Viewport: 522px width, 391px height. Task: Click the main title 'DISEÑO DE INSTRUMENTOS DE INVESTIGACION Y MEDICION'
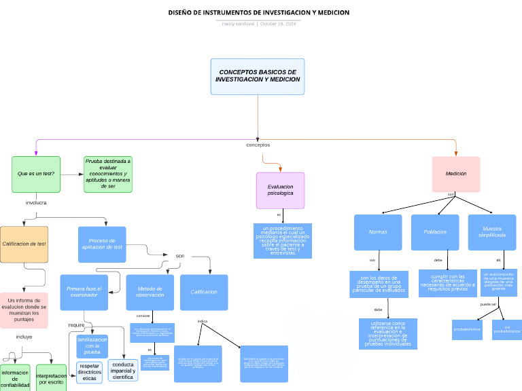coord(259,12)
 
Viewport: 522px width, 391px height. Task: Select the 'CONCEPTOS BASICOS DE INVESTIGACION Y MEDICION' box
coord(258,76)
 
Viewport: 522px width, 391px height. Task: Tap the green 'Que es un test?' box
coord(36,174)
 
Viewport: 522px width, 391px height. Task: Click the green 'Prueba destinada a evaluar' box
coord(108,174)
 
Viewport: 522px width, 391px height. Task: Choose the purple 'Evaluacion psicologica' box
coord(281,190)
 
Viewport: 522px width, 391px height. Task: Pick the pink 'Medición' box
coord(456,174)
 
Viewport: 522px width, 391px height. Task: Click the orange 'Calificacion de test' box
coord(24,244)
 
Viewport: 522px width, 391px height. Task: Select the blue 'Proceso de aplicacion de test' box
coord(102,244)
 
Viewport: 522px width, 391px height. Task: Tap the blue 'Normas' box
coord(378,232)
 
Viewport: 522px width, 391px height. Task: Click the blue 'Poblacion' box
coord(435,232)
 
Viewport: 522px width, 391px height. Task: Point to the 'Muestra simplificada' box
coord(492,232)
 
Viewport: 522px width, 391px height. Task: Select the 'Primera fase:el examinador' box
coord(84,292)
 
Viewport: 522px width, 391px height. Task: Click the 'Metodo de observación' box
coord(150,292)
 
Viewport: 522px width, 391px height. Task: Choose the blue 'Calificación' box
coord(204,292)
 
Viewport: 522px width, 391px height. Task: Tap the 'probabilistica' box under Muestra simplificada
coord(467,329)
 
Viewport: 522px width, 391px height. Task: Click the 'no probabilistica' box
coord(507,329)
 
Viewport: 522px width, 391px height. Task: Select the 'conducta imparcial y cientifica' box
coord(123,370)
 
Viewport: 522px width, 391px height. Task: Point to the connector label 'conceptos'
coord(258,145)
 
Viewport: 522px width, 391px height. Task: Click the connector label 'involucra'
coord(36,203)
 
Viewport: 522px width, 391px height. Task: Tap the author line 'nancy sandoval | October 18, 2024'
coord(259,24)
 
